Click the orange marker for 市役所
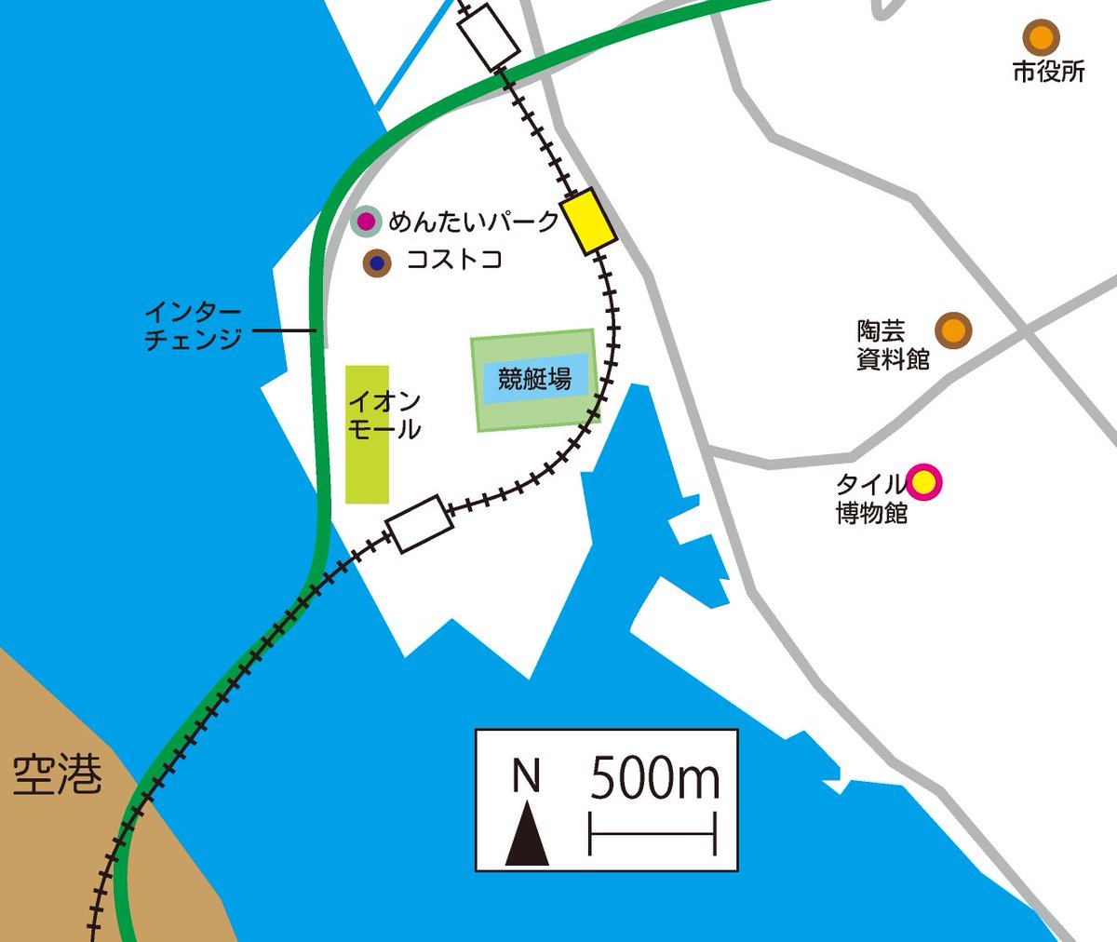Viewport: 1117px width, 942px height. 1041,38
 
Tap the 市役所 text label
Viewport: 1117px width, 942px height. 1049,72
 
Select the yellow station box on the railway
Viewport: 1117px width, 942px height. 588,221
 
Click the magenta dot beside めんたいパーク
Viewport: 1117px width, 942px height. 367,222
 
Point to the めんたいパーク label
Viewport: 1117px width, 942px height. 474,222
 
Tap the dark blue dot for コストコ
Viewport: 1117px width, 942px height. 377,263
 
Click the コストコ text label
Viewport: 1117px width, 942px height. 454,259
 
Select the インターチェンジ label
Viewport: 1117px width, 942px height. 193,325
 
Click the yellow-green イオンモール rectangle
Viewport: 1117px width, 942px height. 367,434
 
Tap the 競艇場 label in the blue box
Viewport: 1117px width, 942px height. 534,379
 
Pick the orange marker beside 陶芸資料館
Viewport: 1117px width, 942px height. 952,330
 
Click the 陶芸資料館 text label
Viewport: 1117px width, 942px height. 893,344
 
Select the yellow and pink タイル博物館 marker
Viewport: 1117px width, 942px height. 923,482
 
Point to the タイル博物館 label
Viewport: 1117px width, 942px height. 871,498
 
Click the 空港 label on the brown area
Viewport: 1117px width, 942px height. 57,774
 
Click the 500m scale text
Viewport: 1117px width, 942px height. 654,778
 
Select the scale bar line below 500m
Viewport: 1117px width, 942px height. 652,833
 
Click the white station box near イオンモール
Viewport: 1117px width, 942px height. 420,523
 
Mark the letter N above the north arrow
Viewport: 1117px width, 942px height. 527,776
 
